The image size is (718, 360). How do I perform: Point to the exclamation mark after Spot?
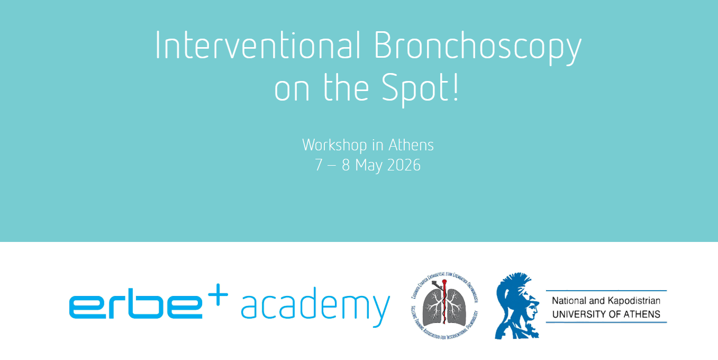[x=456, y=87]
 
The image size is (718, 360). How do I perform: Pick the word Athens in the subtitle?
[x=411, y=145]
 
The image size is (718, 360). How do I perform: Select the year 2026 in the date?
[x=404, y=165]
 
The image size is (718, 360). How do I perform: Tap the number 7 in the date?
[x=319, y=165]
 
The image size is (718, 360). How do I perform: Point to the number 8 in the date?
[x=346, y=165]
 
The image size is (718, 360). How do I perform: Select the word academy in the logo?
[x=315, y=307]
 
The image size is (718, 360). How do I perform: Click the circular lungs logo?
[x=444, y=306]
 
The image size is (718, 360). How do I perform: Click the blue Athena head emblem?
[x=516, y=306]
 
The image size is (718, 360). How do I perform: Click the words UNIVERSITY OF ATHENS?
[x=606, y=314]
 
